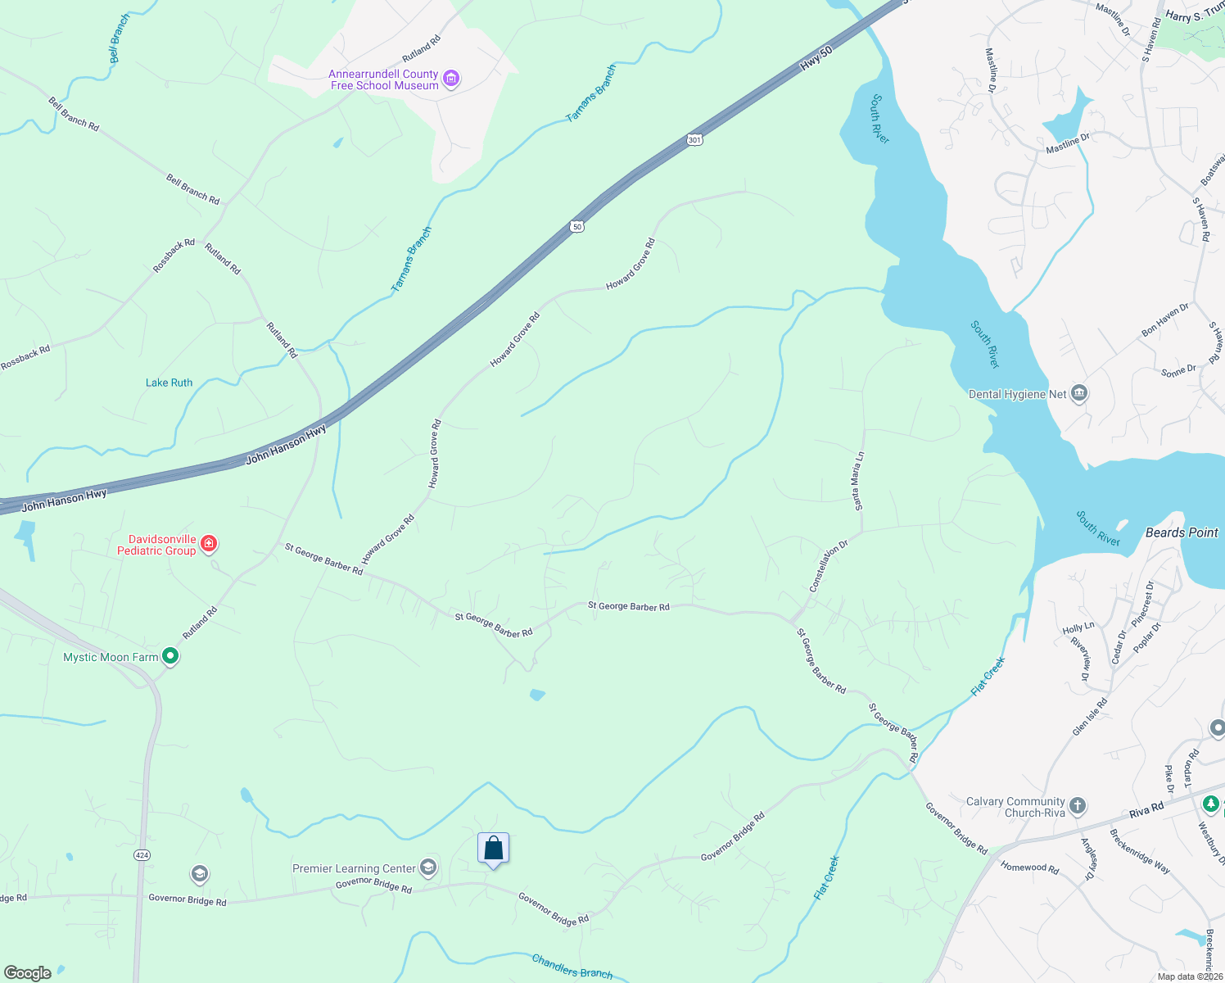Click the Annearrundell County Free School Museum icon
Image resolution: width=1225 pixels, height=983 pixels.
tap(451, 79)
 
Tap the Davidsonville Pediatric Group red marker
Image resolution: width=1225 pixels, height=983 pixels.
tap(209, 544)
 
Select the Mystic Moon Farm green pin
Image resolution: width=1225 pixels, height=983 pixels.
tap(170, 656)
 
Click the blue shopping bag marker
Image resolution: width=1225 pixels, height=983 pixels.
tap(493, 849)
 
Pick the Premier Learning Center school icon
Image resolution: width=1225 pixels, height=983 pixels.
tap(427, 867)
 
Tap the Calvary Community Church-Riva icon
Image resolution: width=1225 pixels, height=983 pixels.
tap(1078, 806)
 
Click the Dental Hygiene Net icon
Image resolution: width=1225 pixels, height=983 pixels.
tap(1078, 394)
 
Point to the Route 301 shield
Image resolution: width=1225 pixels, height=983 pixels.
tap(694, 140)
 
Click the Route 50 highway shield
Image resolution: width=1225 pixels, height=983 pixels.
tap(577, 226)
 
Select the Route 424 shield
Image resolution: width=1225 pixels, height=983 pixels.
tap(142, 855)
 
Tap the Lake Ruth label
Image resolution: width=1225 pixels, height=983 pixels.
tap(169, 383)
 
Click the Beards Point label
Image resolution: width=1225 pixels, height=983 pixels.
tap(1181, 532)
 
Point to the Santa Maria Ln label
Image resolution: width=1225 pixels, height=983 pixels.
tap(858, 481)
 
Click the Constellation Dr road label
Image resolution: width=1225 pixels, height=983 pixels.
tap(829, 565)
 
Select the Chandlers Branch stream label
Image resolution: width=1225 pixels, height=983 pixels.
tap(572, 966)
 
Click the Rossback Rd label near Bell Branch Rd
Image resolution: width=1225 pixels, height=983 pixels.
tap(174, 255)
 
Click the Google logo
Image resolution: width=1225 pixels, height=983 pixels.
tap(27, 973)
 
